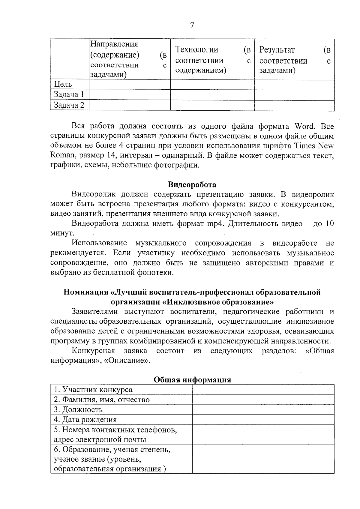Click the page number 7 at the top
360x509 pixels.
(x=192, y=25)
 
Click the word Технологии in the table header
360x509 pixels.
(x=196, y=49)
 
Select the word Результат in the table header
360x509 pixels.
(x=277, y=49)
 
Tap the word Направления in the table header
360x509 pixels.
(x=114, y=44)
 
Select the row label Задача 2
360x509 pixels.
(x=69, y=105)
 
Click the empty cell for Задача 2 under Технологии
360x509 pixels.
(x=212, y=105)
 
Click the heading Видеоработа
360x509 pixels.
(x=192, y=184)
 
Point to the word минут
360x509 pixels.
(x=62, y=233)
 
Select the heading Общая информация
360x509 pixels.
(x=192, y=380)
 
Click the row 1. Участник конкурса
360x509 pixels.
(x=93, y=390)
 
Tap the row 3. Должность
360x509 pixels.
(x=78, y=409)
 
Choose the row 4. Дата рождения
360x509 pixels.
(x=85, y=419)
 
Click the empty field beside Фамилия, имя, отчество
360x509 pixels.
(x=263, y=400)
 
